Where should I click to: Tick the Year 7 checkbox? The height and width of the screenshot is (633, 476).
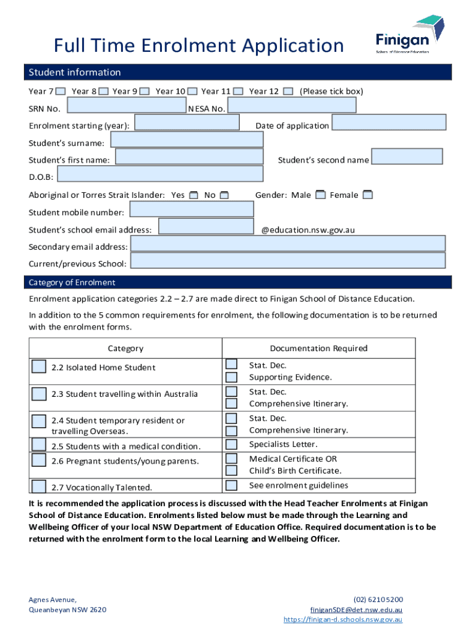pos(61,91)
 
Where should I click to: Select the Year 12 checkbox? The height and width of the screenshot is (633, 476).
pos(288,91)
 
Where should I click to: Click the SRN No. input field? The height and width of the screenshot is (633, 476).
pos(126,107)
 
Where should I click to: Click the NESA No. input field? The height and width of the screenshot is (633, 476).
pos(292,106)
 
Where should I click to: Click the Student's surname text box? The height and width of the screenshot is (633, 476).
pos(186,140)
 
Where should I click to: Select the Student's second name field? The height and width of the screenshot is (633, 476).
pos(407,157)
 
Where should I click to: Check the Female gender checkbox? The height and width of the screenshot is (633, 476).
pos(367,195)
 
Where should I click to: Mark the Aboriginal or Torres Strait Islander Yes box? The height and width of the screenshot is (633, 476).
pos(194,195)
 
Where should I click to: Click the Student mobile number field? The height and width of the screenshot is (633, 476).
pos(190,210)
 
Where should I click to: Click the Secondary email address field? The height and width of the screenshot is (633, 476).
pos(287,244)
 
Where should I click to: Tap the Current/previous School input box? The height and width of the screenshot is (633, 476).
pos(287,261)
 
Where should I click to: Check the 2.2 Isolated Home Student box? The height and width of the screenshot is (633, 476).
pos(39,367)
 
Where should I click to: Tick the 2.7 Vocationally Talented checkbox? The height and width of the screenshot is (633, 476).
pos(39,486)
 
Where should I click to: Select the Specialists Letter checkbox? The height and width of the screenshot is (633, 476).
pos(231,444)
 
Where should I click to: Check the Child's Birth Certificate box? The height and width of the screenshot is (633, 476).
pos(231,471)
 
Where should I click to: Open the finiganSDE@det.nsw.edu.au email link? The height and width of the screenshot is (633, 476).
pos(356,610)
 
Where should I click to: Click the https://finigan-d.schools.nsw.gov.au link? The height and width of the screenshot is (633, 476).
pos(343,619)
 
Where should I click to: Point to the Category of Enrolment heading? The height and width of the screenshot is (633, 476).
pos(72,283)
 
